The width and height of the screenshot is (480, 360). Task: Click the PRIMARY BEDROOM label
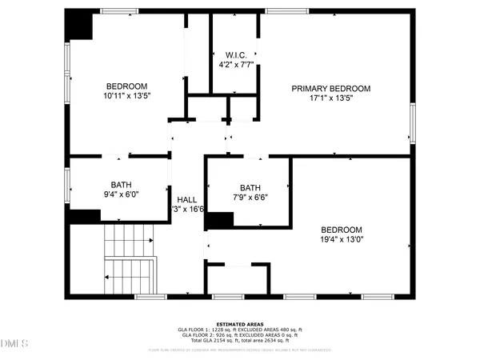(x=331, y=88)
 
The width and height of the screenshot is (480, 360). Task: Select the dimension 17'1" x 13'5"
(x=331, y=98)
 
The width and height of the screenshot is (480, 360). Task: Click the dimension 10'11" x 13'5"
(x=127, y=95)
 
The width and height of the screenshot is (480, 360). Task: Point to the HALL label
(x=186, y=199)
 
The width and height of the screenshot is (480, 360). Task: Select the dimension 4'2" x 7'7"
(x=234, y=65)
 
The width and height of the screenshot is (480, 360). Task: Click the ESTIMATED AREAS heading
(x=239, y=324)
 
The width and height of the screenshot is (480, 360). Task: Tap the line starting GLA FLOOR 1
(x=239, y=330)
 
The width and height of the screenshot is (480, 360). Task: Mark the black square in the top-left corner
(x=81, y=24)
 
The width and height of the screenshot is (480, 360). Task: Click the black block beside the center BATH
(x=219, y=220)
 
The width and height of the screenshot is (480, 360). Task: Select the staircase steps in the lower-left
(x=128, y=260)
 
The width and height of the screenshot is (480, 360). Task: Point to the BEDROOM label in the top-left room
(x=127, y=86)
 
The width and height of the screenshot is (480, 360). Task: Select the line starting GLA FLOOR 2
(x=239, y=334)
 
